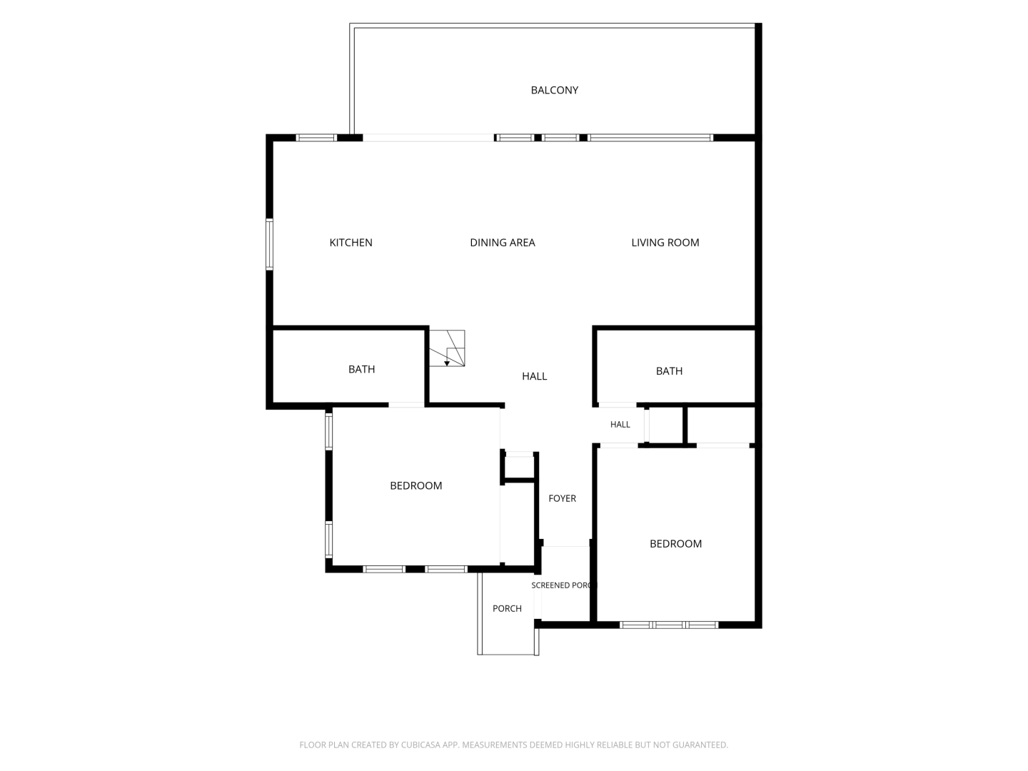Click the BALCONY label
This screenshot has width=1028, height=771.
[x=554, y=90]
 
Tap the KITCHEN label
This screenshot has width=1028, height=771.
[x=351, y=243]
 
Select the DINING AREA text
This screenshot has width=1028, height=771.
[x=502, y=243]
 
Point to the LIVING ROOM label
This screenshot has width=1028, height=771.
[x=665, y=243]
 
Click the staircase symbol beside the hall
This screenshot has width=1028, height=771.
[x=448, y=348]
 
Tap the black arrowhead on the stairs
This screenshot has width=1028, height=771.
[x=447, y=363]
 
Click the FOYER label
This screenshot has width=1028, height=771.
[x=562, y=498]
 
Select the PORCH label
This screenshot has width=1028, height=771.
[x=507, y=608]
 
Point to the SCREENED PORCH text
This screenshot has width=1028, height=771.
[x=564, y=585]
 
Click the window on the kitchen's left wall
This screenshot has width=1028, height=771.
[x=269, y=244]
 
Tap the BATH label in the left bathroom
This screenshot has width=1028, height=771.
[x=361, y=369]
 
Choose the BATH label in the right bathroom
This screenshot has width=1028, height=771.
[x=669, y=371]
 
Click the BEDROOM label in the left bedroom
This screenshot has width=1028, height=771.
[x=416, y=486]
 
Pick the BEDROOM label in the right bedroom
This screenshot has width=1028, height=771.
[x=675, y=544]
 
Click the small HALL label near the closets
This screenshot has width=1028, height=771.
[x=620, y=425]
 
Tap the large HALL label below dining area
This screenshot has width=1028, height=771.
[x=535, y=376]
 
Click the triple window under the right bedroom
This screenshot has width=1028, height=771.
[x=669, y=625]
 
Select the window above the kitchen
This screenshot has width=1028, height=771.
[x=316, y=138]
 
